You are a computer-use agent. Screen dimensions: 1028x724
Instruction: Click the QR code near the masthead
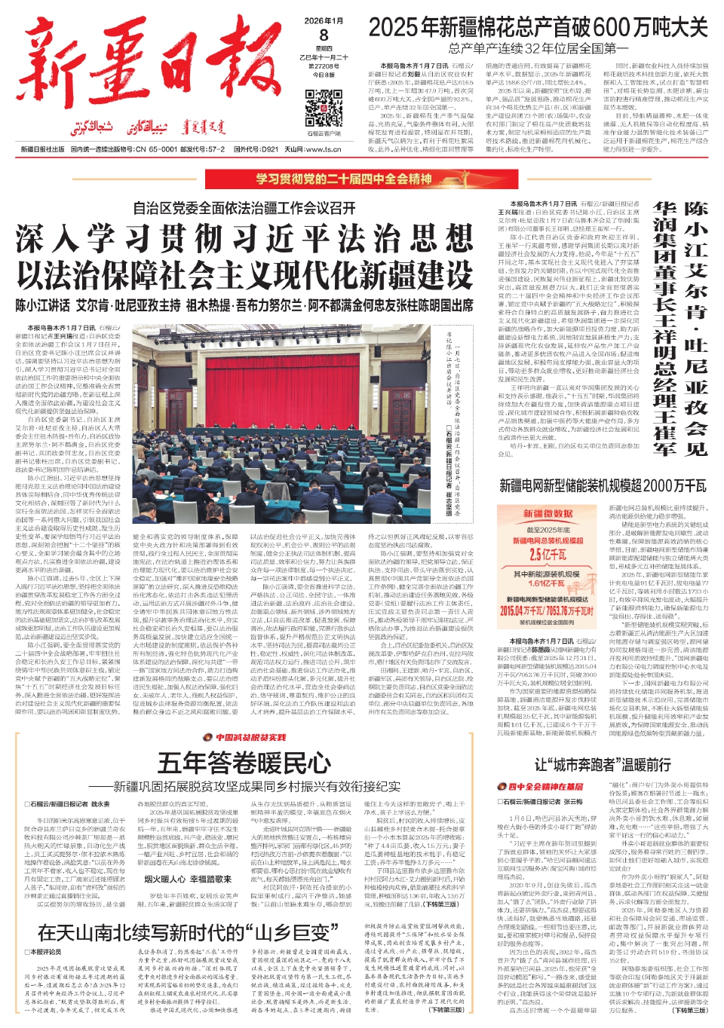coord(324,107)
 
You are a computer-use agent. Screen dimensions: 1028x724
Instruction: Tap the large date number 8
coord(324,35)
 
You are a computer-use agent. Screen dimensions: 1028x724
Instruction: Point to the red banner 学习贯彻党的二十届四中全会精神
coord(343,179)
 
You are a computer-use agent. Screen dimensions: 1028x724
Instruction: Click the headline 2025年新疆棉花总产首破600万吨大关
coord(538,28)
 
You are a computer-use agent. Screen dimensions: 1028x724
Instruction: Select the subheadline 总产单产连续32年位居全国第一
coord(538,49)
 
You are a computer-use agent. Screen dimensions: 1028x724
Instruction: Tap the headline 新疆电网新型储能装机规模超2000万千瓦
coord(603,485)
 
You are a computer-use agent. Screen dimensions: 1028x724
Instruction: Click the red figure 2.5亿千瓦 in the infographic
coord(547,555)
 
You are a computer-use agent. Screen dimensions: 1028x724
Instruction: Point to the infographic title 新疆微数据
coord(548,514)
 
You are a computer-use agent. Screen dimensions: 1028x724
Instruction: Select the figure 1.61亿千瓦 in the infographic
coord(546,583)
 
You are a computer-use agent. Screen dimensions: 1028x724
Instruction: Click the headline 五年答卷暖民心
coord(244,763)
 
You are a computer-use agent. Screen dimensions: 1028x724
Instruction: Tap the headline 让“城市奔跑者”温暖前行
coord(603,765)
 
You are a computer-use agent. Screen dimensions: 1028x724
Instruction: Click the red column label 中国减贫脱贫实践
coord(250,737)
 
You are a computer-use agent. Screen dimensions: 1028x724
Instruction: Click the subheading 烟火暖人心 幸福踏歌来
coord(187,879)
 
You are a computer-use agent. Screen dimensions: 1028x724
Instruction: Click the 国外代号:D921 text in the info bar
coord(256,149)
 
